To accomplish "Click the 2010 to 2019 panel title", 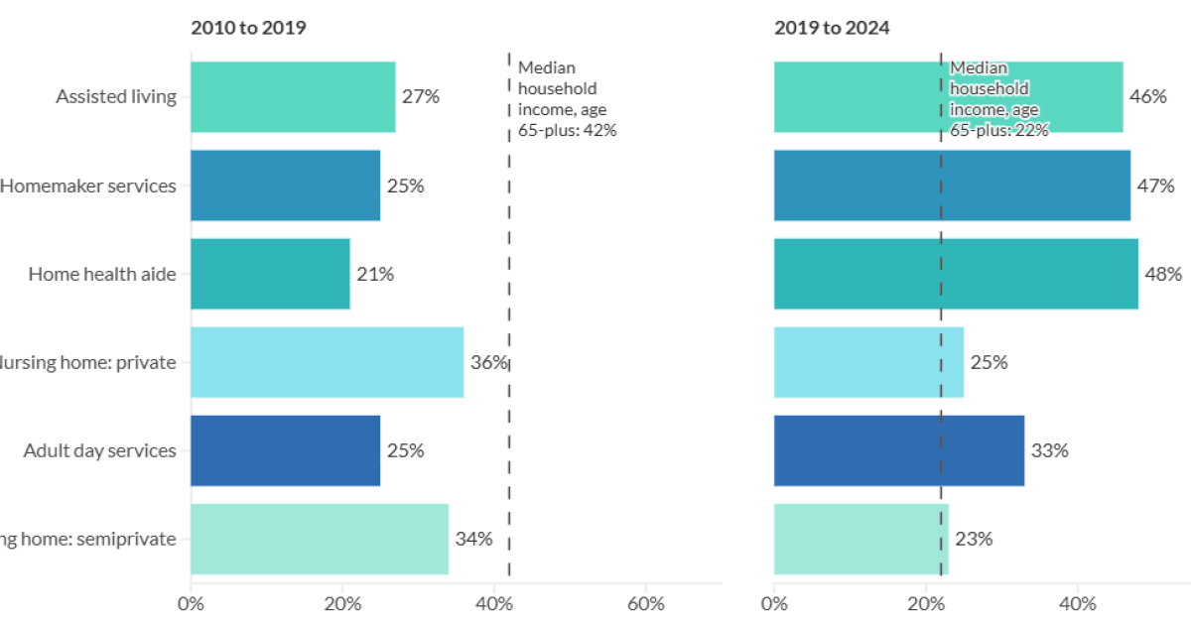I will tap(248, 28).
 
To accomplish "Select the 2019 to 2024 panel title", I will tap(832, 28).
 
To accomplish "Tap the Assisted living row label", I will tap(116, 97).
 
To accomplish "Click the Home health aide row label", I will tap(102, 274).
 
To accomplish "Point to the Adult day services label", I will tap(100, 450).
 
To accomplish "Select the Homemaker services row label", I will tap(88, 186).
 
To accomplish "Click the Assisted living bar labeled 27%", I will tap(293, 97).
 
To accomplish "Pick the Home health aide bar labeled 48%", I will tap(956, 274).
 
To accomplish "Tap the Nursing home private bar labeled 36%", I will tap(327, 362).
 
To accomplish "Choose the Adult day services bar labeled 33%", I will tap(898, 450).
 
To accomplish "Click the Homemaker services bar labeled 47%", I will tap(952, 186).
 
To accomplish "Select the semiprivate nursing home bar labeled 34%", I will tap(319, 539).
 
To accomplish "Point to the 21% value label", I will tap(375, 275).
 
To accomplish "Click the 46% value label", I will tap(1147, 97).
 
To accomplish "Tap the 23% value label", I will tap(974, 540).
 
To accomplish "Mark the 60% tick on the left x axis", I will tap(646, 603).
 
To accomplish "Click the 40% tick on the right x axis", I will tap(1078, 603).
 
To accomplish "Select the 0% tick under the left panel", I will tap(191, 603).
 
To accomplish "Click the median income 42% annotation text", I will tap(567, 99).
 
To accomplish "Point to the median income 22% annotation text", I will tap(998, 99).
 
